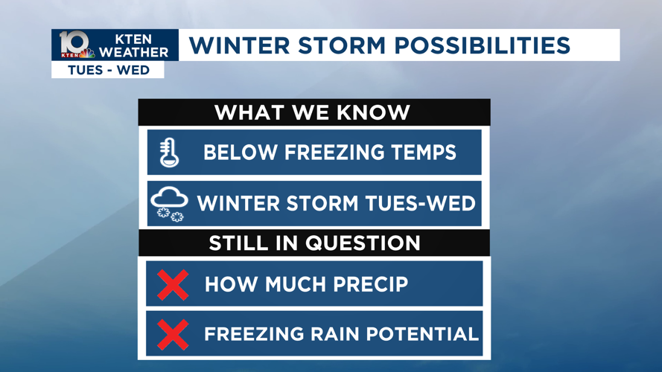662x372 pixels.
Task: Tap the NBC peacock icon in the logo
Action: click(x=87, y=54)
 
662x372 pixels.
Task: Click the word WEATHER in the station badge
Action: click(x=134, y=52)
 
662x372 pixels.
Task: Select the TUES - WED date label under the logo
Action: click(x=108, y=70)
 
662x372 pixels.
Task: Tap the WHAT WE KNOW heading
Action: click(x=313, y=112)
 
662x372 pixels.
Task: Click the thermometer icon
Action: click(x=169, y=153)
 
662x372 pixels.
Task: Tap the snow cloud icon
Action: click(x=169, y=204)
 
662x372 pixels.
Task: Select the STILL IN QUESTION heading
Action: click(x=314, y=243)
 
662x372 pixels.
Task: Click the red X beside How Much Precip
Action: click(x=173, y=285)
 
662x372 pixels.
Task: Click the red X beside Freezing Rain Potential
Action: click(x=173, y=334)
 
